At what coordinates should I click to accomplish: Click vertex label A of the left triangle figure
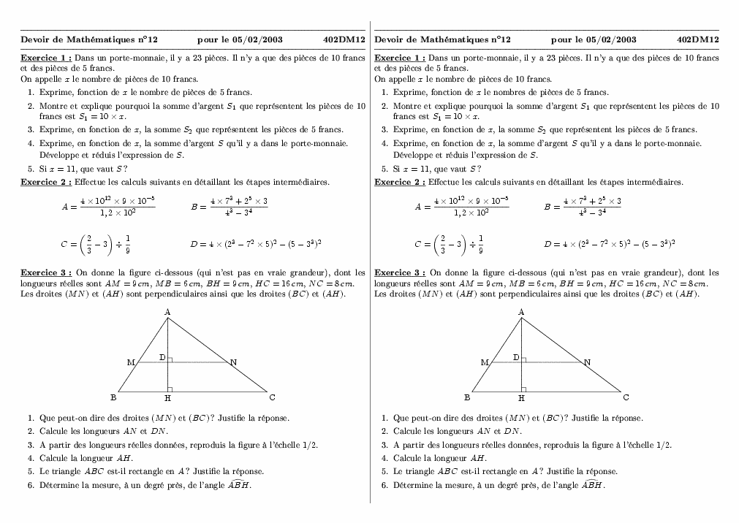click(167, 312)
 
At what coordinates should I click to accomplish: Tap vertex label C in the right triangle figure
click(626, 397)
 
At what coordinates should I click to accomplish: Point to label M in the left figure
click(130, 362)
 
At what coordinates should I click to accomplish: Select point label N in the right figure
click(587, 362)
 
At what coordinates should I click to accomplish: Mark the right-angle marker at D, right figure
click(523, 360)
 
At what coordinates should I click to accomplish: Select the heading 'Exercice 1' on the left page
click(45, 57)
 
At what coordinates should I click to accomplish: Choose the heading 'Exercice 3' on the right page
click(399, 272)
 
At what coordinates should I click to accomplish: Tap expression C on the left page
click(95, 245)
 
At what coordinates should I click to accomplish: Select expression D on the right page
click(609, 245)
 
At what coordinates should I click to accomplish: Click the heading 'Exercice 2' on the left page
click(45, 182)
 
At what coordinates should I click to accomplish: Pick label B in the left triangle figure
click(113, 397)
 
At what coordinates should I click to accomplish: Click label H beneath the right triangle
click(521, 399)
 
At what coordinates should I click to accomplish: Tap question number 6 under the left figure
click(31, 484)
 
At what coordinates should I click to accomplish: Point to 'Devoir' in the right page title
click(387, 39)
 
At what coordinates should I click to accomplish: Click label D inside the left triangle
click(162, 357)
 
